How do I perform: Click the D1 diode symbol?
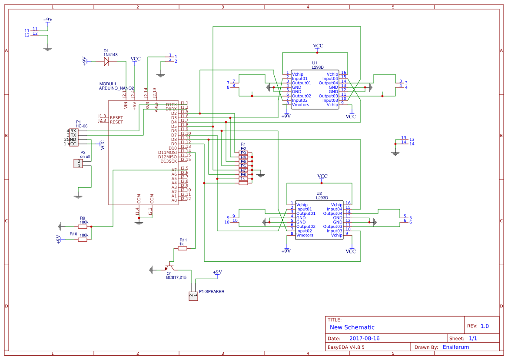point(106,61)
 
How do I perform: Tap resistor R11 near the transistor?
point(183,248)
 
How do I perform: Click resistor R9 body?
point(83,227)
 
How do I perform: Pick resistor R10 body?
point(83,240)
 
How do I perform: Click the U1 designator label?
point(315,63)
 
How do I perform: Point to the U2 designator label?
point(319,193)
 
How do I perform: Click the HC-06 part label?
point(82,126)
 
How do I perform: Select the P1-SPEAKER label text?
point(212,292)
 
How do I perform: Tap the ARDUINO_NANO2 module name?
point(116,88)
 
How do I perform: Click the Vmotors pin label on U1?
point(301,105)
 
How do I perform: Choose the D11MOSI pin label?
point(167,153)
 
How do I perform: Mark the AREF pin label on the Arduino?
point(156,107)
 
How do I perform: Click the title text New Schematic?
point(352,327)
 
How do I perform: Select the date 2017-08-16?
point(364,338)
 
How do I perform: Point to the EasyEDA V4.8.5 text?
point(346,347)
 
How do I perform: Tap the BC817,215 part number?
point(176,277)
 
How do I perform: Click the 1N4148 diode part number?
point(110,55)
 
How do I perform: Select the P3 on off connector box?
point(78,163)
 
